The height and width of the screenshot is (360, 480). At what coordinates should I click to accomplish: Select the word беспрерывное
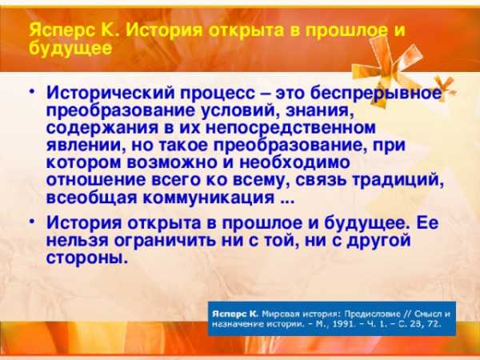coord(376,93)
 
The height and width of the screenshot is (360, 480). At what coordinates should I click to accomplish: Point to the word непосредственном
coord(290,127)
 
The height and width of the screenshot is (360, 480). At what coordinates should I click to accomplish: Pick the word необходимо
coord(294,162)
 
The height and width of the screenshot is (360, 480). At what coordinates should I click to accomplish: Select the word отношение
coord(96,180)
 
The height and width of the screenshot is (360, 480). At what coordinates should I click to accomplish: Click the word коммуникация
coord(209,198)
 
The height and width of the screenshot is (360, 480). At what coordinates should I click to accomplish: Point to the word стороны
coord(86,258)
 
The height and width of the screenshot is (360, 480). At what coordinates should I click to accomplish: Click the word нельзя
coord(78,240)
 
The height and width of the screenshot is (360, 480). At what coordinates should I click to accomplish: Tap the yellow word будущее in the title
coord(70,48)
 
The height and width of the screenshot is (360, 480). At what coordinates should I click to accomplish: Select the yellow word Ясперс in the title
coord(62,30)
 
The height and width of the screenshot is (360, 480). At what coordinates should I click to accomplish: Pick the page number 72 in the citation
coord(435,324)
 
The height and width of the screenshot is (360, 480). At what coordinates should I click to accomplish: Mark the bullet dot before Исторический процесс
coord(32,91)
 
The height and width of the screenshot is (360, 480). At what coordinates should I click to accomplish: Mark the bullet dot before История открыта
coord(32,221)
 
